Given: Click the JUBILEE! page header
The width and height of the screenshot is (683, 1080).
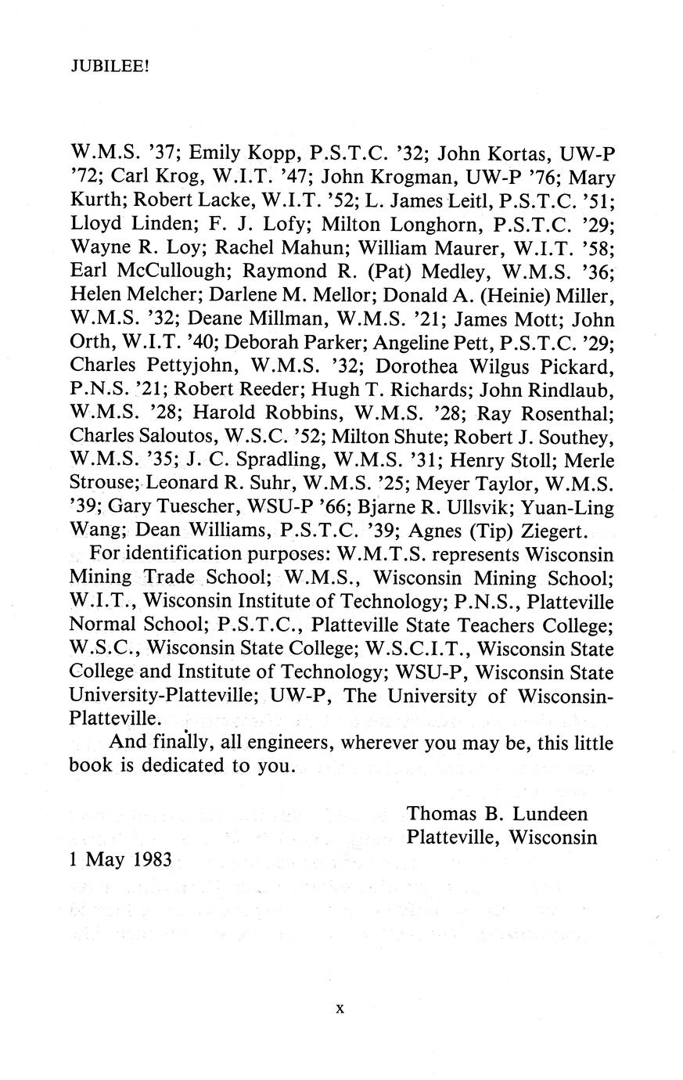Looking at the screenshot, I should pos(109,67).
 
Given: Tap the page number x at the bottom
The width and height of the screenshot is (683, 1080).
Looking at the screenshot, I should pos(340,1009).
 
